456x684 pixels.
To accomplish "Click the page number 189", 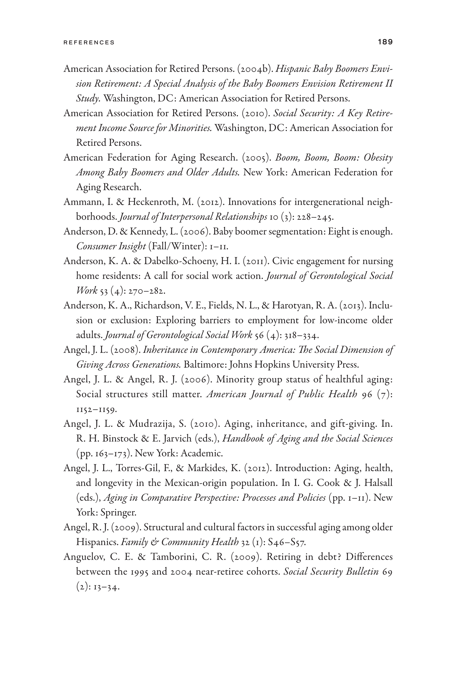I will pos(385,42).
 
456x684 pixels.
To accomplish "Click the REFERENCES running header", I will pos(89,42).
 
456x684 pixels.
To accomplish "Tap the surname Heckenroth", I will pos(152,202).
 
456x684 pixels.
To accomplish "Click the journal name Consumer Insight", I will pos(111,246).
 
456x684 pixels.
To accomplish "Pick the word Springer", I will pos(118,513).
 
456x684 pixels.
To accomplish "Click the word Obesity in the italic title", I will pos(378,158).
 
